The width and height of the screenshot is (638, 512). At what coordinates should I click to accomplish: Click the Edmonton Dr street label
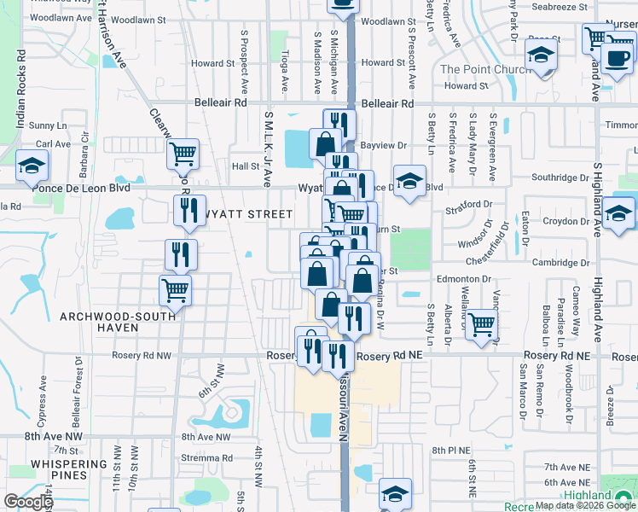click(x=464, y=279)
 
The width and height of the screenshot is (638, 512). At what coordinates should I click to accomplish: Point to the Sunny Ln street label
click(x=41, y=125)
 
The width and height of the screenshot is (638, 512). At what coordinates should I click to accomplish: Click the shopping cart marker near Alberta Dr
click(x=481, y=324)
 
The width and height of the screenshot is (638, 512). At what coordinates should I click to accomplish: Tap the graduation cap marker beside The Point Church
click(x=540, y=57)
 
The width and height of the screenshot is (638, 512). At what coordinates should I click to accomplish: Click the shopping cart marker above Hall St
click(x=183, y=154)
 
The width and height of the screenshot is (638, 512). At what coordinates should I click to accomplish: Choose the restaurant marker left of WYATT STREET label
click(x=185, y=209)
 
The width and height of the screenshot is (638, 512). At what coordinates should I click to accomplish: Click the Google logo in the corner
click(x=28, y=502)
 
